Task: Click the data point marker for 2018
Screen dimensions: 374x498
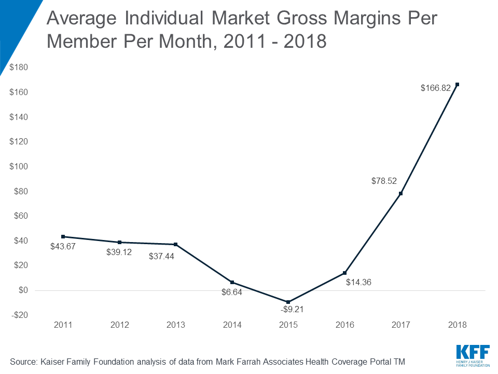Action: tap(457, 84)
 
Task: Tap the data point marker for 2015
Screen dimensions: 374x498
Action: tap(288, 302)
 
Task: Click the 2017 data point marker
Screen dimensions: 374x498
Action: tap(401, 193)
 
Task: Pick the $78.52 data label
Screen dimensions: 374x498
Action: tap(384, 181)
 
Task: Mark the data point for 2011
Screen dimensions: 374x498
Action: tap(63, 236)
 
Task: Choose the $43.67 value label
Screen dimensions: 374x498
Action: tap(63, 247)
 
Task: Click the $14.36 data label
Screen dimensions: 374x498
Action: tap(359, 283)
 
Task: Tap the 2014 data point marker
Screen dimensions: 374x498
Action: tap(232, 282)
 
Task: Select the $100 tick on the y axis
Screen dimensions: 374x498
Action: tap(19, 167)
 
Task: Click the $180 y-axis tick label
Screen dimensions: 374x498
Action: tap(19, 68)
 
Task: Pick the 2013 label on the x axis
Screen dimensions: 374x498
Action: tap(175, 325)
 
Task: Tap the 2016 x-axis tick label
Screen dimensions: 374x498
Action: tap(344, 325)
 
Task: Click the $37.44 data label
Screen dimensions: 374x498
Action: tap(161, 256)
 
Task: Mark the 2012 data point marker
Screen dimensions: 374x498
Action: tap(119, 242)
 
